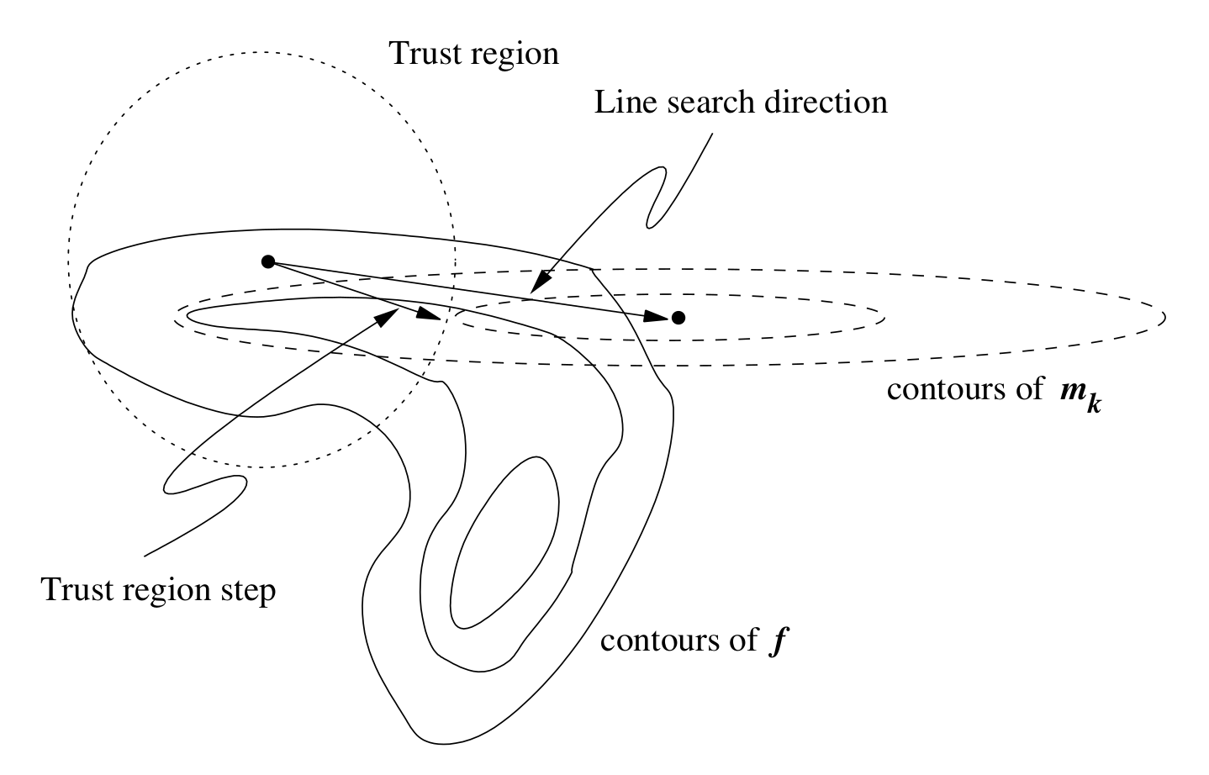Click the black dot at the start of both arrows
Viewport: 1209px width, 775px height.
click(x=268, y=261)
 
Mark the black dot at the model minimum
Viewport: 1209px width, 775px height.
click(x=678, y=318)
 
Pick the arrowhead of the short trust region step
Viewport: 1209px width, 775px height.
click(x=429, y=315)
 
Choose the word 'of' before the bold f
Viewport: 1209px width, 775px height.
click(x=744, y=641)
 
